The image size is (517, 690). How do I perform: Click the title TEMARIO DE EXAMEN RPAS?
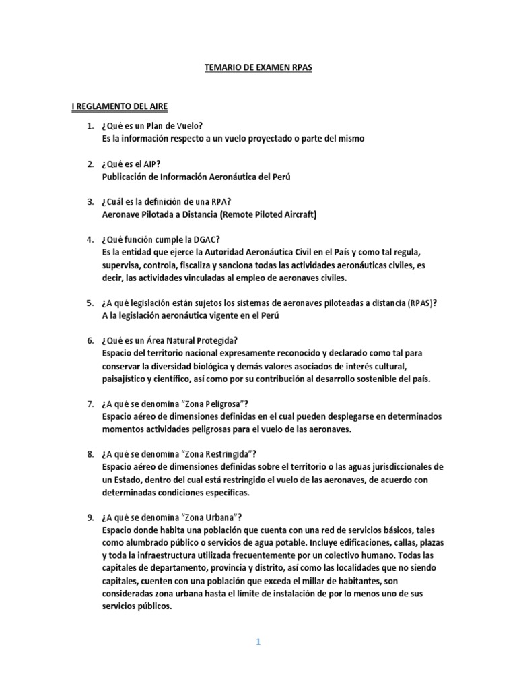click(x=258, y=68)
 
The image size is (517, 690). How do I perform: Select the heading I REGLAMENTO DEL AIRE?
click(x=120, y=106)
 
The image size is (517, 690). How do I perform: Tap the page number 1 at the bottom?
click(x=258, y=642)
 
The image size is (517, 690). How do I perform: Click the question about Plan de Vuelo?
click(x=152, y=126)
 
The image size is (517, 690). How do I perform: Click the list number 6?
click(x=90, y=340)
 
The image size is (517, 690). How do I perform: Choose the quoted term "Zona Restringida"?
click(x=215, y=454)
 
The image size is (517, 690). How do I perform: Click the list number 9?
click(x=90, y=517)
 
